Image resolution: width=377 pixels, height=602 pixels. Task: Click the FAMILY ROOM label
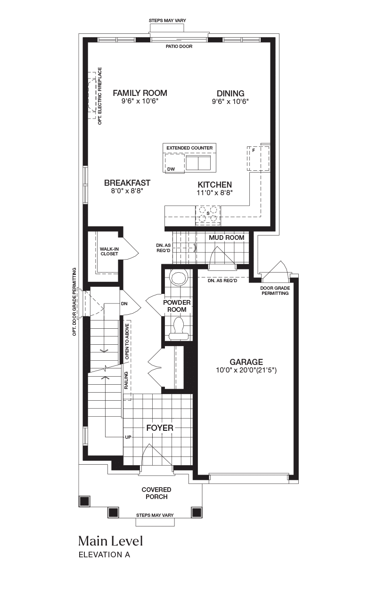click(x=140, y=93)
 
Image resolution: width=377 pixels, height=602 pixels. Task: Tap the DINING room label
click(x=230, y=94)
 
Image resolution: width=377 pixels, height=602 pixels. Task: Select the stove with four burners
click(x=208, y=215)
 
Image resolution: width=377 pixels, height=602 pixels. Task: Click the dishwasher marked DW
click(x=174, y=163)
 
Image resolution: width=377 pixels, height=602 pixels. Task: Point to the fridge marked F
click(x=258, y=158)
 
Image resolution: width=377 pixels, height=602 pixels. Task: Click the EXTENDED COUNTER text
click(x=189, y=148)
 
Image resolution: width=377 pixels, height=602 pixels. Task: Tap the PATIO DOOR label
click(x=179, y=47)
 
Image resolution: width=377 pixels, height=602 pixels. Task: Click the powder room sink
click(x=179, y=278)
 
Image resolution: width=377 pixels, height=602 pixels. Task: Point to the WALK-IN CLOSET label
click(x=109, y=251)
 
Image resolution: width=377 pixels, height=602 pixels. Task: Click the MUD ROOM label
click(x=227, y=238)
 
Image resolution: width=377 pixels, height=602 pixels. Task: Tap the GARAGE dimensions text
click(x=246, y=370)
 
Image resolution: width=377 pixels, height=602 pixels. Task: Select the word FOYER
click(x=160, y=428)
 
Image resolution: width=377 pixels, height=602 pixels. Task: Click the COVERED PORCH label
click(x=156, y=493)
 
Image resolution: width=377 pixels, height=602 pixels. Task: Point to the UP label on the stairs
click(x=128, y=437)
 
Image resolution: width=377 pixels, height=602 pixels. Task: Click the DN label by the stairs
click(x=124, y=304)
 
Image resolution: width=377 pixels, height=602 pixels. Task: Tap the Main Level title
click(x=110, y=541)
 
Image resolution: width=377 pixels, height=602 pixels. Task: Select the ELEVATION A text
click(x=105, y=554)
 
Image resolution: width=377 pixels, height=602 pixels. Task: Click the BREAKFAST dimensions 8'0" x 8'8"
click(x=127, y=191)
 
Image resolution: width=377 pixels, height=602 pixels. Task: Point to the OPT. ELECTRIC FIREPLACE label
click(x=100, y=96)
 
